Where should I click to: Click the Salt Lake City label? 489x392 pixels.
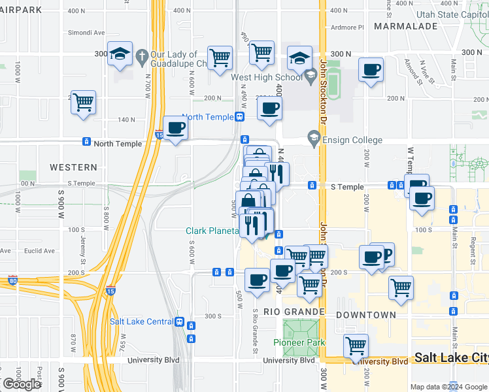click(x=451, y=358)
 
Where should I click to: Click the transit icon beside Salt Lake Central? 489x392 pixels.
click(x=180, y=321)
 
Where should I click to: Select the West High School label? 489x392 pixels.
click(x=267, y=77)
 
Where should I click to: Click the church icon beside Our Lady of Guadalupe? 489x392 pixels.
click(x=142, y=57)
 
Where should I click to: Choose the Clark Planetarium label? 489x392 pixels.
click(x=209, y=231)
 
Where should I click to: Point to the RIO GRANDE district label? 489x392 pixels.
click(x=294, y=312)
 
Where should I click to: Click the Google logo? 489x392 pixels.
click(x=22, y=384)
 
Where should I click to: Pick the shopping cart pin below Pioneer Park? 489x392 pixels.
click(x=356, y=346)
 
